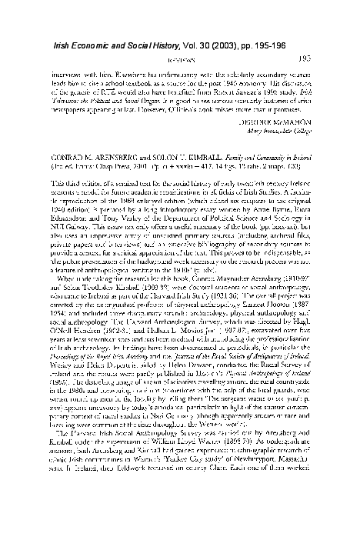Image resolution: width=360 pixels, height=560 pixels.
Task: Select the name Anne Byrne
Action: (x=229, y=217)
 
